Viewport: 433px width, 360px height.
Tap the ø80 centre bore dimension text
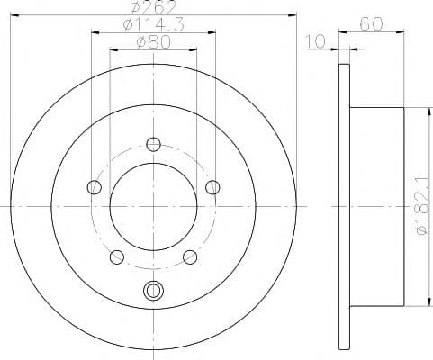151,42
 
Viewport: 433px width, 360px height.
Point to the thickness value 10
315,42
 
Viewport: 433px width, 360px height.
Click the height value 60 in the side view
369,26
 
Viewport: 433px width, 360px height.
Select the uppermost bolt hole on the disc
153,144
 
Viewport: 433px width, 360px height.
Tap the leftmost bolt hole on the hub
94,187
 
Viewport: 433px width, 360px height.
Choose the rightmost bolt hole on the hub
212,187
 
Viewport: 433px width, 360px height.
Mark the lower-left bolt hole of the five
116,257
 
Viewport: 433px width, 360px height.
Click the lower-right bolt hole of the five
190,257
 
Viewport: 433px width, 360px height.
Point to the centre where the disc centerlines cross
153,206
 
